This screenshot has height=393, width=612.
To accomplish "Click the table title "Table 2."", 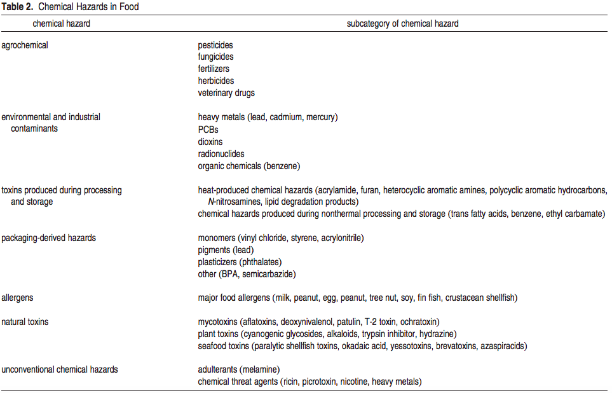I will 17,7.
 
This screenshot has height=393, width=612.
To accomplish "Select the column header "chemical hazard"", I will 62,24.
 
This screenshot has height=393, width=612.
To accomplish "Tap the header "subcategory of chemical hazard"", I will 402,24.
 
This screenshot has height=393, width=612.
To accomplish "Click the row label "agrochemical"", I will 25,45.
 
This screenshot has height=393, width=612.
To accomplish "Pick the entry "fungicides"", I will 215,57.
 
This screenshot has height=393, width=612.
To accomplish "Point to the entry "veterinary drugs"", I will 226,93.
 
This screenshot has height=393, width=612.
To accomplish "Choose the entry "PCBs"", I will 208,130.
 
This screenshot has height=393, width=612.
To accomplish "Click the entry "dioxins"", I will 210,142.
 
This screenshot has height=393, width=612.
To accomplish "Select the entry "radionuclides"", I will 221,154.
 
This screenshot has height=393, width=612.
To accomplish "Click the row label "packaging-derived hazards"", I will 49,238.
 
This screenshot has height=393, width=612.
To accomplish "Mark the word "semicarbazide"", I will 269,274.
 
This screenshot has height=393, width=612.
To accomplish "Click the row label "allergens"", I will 18,298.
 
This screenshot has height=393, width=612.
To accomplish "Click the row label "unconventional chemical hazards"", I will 60,369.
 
